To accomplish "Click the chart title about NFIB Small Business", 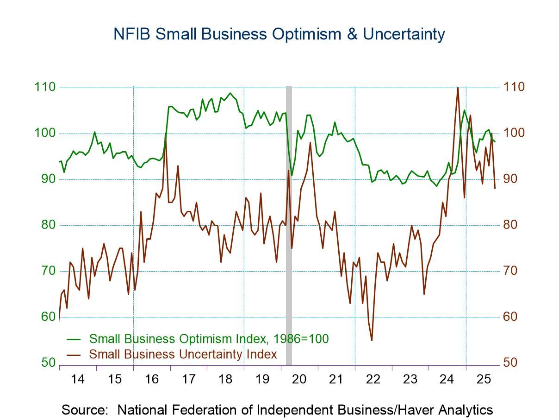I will tap(279, 34).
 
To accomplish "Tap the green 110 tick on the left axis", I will tap(44, 87).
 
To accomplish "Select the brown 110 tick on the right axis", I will tap(514, 87).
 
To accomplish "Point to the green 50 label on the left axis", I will tap(48, 363).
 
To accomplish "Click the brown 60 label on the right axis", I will tap(510, 317).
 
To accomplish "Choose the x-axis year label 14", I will tap(78, 379).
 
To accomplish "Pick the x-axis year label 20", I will tap(299, 379).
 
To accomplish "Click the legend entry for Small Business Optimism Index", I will tap(209, 339).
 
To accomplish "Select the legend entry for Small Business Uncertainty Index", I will tap(183, 354).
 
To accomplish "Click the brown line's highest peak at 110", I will tap(458, 88).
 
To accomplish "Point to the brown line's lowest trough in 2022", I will tap(372, 340).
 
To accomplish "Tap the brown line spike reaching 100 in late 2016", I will tap(166, 134).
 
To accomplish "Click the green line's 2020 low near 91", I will tap(292, 175).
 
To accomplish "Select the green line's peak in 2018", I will tap(231, 93).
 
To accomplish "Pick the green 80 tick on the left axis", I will tap(48, 225).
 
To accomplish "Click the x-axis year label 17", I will tap(188, 379).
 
